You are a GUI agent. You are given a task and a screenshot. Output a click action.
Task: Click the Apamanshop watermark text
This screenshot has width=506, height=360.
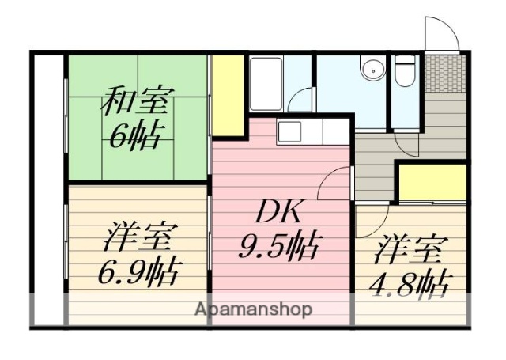(x=253, y=309)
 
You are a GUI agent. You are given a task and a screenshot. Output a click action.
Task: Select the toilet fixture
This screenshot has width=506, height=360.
(x=406, y=73)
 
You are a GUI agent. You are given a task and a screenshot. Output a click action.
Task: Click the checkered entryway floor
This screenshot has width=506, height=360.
(x=446, y=73)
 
